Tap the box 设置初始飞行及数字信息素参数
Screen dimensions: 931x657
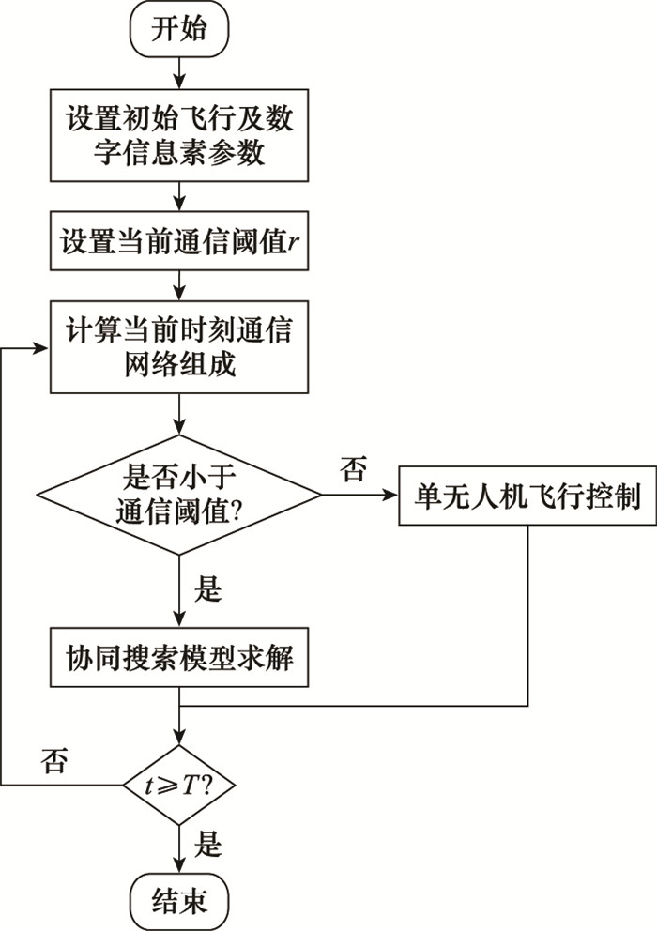[177, 134]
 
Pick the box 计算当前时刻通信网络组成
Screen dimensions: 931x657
[177, 347]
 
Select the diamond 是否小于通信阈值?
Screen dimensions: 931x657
[177, 496]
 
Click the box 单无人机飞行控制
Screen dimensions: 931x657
[527, 496]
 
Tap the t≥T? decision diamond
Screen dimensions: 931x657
[177, 785]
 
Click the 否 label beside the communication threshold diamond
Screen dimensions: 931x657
[354, 468]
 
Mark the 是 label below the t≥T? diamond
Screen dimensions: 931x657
[207, 843]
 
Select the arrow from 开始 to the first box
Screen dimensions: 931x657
[177, 70]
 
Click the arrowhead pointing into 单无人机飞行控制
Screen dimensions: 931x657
[391, 496]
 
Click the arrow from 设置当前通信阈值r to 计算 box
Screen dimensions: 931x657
[177, 284]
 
